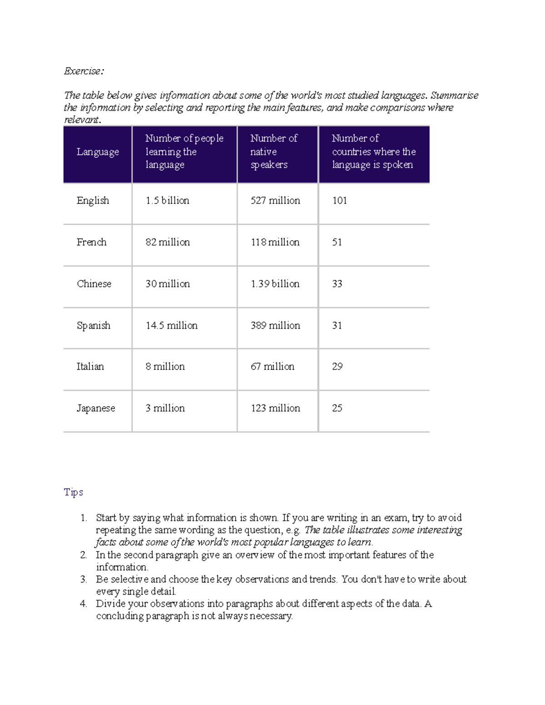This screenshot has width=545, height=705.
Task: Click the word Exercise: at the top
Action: [84, 71]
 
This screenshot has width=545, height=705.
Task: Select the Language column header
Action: [98, 152]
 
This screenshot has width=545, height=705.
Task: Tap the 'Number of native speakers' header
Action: [274, 152]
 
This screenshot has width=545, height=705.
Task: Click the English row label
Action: [93, 201]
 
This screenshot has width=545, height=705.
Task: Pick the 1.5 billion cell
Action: [167, 201]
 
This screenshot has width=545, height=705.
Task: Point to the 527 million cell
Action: [275, 201]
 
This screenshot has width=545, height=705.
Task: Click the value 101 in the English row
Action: [340, 201]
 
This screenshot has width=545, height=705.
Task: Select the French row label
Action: [91, 242]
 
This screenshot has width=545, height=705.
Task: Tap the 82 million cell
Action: [168, 242]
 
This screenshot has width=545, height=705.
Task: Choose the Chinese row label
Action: [94, 284]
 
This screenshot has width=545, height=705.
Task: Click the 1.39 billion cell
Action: [275, 284]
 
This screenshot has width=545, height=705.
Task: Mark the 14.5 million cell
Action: [171, 325]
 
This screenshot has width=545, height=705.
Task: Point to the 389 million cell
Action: [275, 325]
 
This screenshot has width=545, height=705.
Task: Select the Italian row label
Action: [90, 367]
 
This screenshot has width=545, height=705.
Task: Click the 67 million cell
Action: [272, 367]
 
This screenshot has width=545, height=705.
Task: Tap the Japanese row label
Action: [96, 408]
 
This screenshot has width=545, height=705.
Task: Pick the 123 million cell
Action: [275, 408]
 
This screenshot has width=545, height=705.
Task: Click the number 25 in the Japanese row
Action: [337, 408]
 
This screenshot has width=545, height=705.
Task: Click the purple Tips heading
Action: [74, 493]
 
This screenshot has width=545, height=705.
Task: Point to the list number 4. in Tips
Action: [83, 604]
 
